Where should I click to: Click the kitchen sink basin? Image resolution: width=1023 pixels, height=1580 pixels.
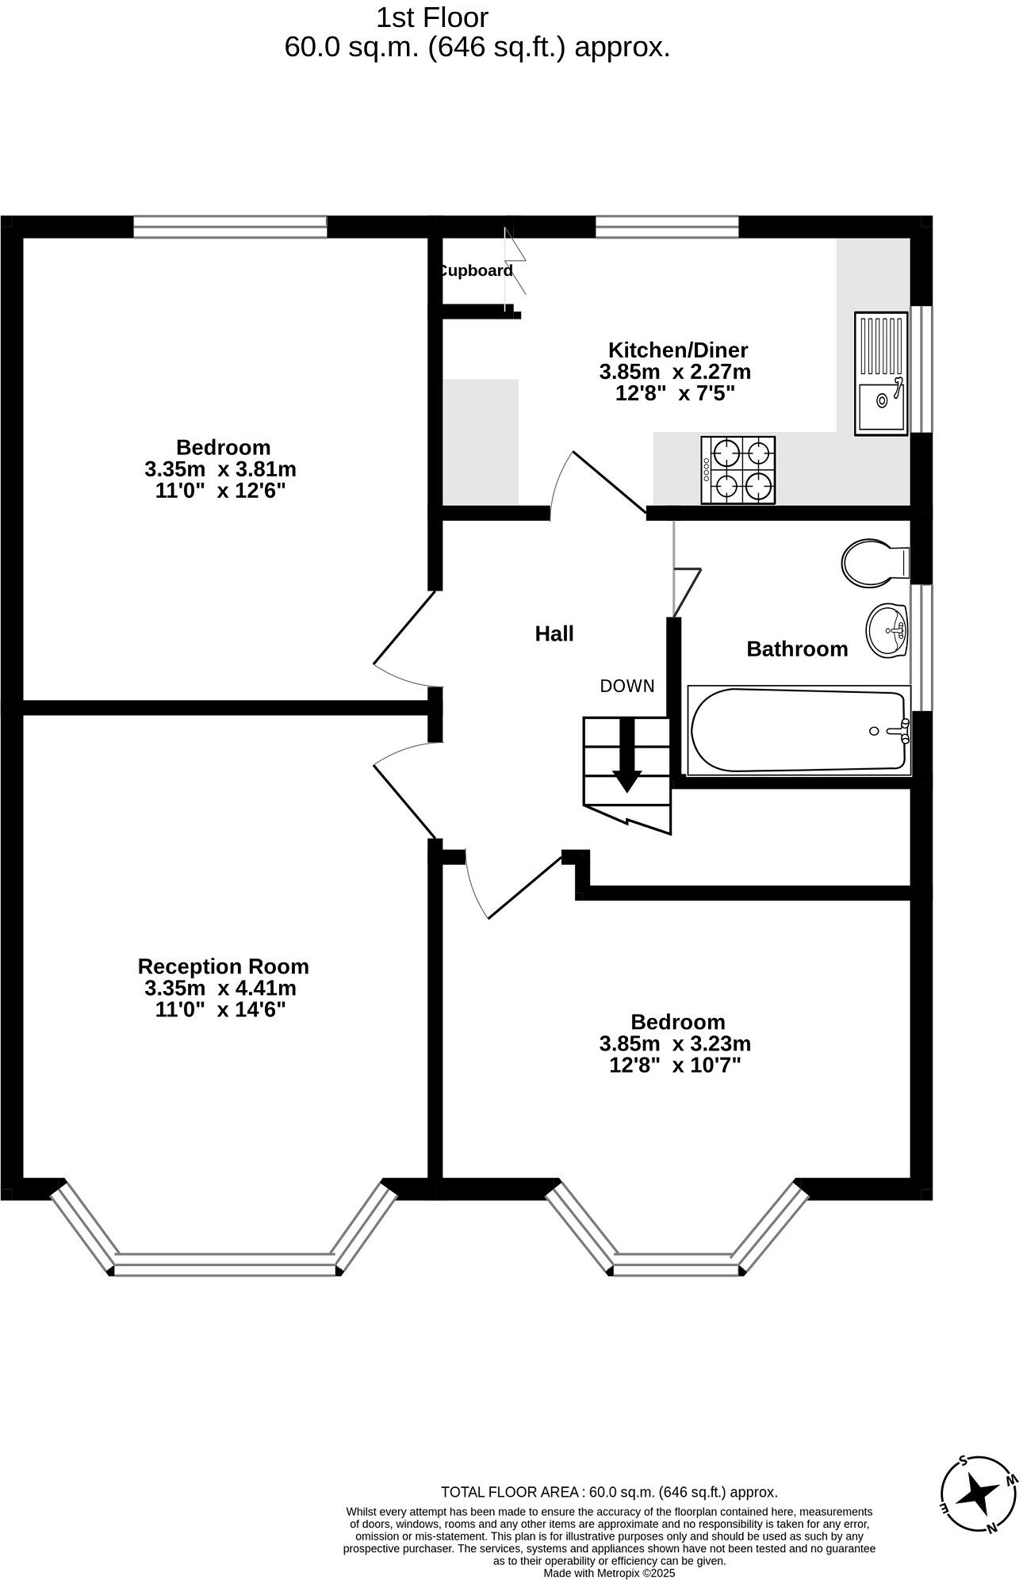tap(881, 400)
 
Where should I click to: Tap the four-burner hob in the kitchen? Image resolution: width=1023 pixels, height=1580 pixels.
tap(738, 469)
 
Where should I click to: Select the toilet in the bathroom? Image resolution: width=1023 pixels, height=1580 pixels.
tap(872, 563)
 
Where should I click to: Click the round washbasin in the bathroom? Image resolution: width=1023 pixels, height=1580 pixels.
tap(887, 631)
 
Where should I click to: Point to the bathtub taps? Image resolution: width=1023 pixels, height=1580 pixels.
tap(900, 730)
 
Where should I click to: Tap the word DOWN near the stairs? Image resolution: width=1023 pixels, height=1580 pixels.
tap(626, 686)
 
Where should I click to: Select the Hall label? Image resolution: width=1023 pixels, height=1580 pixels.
tap(554, 633)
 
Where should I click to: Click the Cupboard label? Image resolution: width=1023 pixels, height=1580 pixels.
tap(476, 270)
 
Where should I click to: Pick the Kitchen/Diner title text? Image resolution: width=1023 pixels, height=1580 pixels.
tap(677, 350)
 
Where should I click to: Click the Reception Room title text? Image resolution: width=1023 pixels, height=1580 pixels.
tap(223, 966)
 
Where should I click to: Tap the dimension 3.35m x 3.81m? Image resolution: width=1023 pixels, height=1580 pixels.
tap(220, 469)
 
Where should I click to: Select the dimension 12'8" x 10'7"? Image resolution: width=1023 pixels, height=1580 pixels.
tap(674, 1065)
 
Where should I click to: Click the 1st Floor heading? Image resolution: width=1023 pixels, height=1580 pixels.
tap(432, 17)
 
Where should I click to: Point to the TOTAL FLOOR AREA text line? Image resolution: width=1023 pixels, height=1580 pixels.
tap(609, 1492)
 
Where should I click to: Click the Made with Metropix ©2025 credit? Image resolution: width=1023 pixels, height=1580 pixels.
tap(609, 1573)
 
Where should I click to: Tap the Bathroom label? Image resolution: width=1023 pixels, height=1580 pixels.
tap(797, 649)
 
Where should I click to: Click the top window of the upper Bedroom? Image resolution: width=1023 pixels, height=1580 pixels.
tap(230, 227)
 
